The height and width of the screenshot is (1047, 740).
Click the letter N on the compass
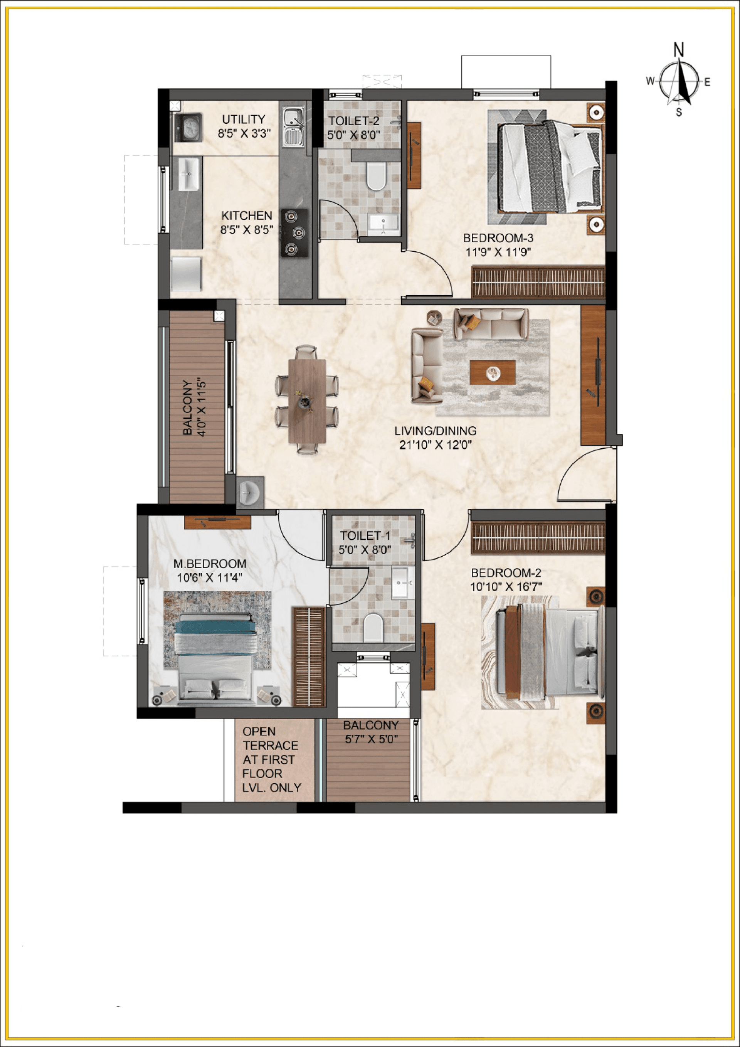[x=679, y=50]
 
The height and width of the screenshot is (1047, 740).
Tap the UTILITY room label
[x=244, y=120]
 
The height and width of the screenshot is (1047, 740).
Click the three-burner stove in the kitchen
[x=294, y=232]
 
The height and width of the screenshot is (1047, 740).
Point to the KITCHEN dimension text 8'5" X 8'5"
[x=247, y=230]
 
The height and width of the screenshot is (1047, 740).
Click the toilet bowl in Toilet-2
[x=376, y=177]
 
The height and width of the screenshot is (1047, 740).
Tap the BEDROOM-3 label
[x=498, y=237]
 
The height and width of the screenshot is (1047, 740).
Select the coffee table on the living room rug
[x=493, y=372]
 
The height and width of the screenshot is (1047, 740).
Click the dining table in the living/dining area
[x=307, y=401]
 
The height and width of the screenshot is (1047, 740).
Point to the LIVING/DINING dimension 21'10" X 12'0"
[x=435, y=444]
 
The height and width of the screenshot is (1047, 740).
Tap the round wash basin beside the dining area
[x=249, y=493]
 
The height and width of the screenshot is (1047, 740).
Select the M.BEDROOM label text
[x=210, y=564]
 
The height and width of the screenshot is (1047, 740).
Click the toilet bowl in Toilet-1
[x=373, y=628]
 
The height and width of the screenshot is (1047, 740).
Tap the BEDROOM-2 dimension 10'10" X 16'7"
[x=506, y=587]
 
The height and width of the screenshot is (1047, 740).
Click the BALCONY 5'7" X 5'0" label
[x=371, y=732]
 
